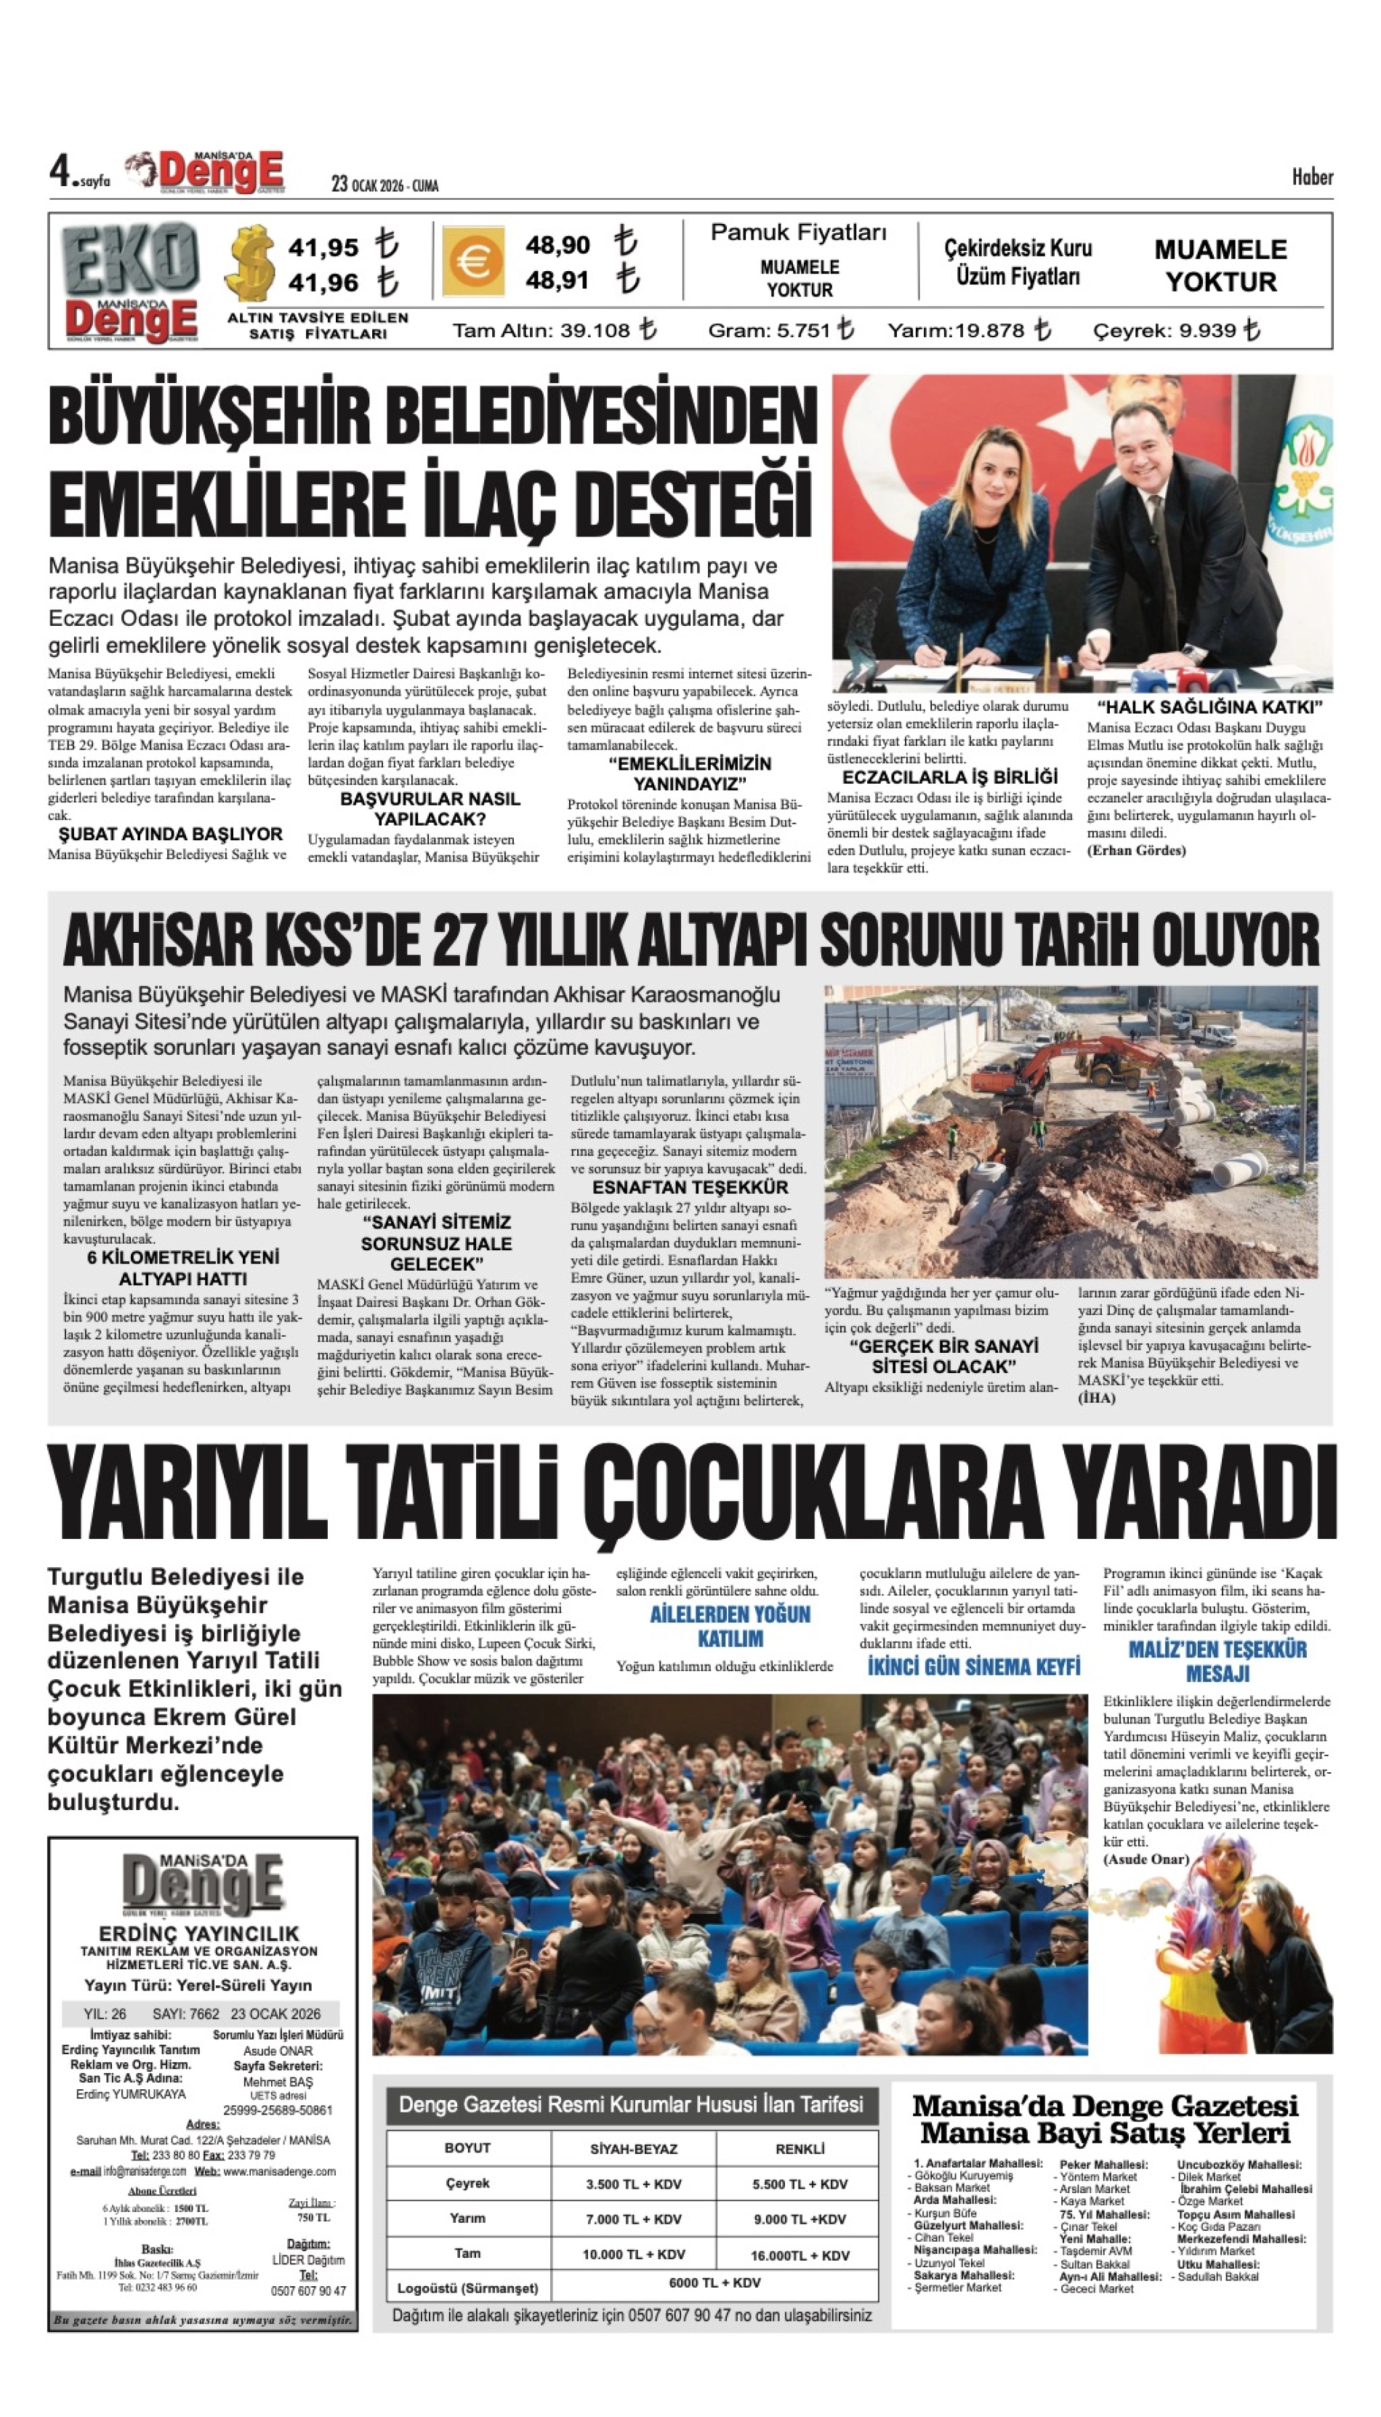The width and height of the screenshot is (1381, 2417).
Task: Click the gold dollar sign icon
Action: click(251, 262)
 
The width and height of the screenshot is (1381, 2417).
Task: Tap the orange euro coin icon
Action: click(472, 262)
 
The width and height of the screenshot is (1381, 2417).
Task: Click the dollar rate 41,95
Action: click(323, 248)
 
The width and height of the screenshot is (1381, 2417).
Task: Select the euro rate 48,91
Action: click(557, 281)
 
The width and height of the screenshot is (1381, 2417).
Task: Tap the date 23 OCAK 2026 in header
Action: click(384, 185)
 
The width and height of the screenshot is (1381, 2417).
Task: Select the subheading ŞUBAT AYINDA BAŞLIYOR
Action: click(171, 835)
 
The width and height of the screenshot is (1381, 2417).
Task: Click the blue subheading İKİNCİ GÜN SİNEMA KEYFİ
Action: click(974, 1668)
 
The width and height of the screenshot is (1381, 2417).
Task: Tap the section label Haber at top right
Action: click(1312, 177)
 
